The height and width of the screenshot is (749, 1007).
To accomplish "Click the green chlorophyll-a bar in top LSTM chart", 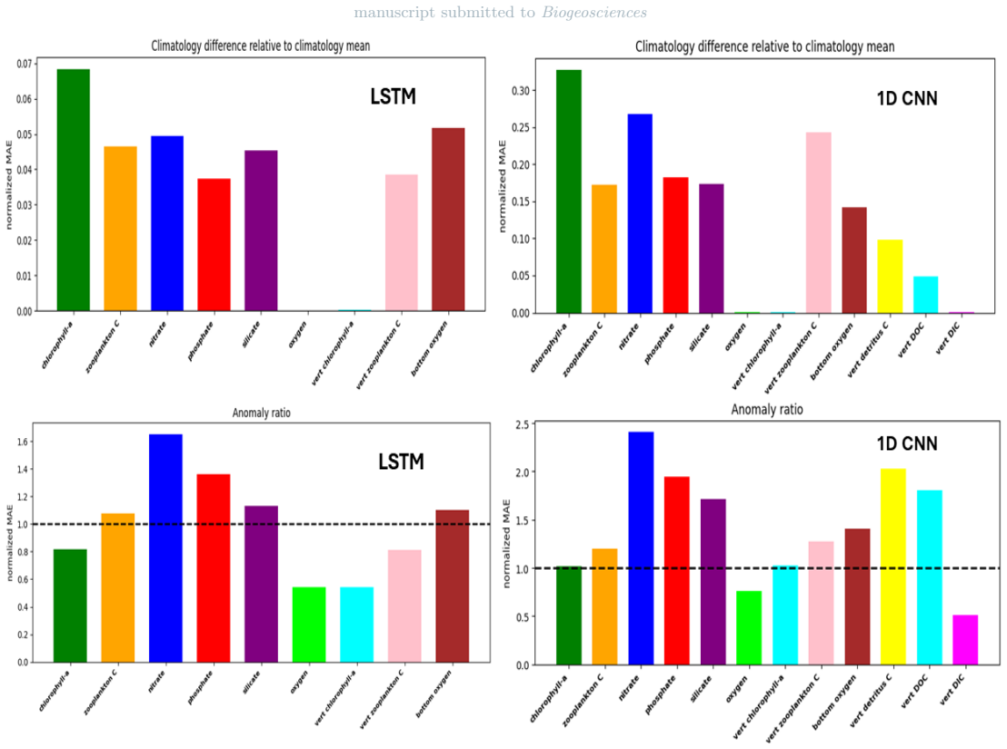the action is [74, 190].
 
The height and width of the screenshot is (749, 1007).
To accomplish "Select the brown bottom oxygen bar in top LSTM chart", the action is [448, 220].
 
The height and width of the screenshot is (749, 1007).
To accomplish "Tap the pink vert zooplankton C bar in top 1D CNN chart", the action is [819, 223].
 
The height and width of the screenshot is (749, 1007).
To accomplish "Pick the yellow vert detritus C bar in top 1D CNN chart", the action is [890, 276].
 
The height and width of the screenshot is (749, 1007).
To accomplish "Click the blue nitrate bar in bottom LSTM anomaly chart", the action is [165, 548].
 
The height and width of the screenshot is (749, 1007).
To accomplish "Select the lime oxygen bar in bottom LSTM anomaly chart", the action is [309, 624].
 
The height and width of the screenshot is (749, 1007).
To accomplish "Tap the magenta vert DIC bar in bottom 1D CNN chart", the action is [965, 640].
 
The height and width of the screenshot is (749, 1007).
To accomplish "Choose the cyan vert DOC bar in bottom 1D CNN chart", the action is [930, 577].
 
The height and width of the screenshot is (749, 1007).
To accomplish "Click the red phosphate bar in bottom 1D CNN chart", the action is [677, 571].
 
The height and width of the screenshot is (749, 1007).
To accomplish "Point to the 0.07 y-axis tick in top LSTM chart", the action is [25, 64].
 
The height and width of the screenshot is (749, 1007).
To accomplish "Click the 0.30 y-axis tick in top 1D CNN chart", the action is [521, 91].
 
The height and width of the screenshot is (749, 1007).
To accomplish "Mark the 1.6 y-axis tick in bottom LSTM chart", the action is [23, 442].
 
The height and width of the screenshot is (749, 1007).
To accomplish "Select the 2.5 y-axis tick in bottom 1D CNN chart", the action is [522, 424].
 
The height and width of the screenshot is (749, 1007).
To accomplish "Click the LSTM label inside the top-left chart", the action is [393, 96].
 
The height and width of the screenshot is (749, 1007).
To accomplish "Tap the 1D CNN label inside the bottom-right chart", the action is [907, 444].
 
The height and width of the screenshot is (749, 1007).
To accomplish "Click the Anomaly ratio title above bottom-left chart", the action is [262, 413].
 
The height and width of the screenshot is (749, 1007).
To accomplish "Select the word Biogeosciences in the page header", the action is [594, 12].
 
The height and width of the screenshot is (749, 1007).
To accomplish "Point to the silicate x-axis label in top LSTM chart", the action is [251, 335].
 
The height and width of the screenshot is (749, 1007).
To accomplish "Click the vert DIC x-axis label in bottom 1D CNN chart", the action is [952, 691].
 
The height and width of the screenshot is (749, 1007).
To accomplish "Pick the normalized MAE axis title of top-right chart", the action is [503, 186].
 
